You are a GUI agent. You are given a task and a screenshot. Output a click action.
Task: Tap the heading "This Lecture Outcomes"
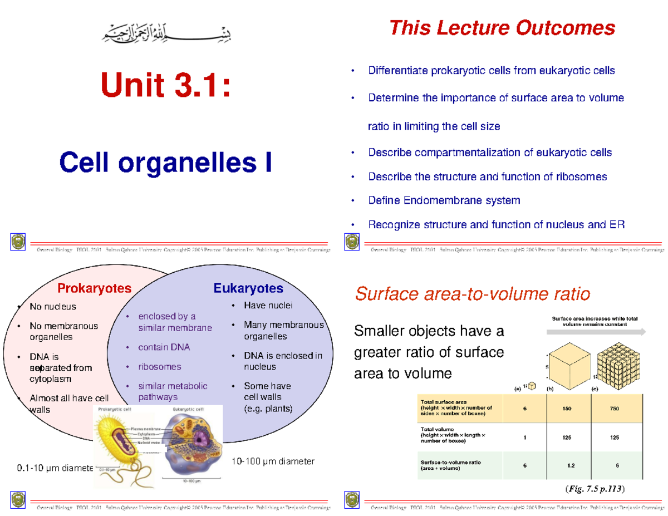click(502, 27)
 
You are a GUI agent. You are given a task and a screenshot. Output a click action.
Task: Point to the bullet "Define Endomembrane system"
click(444, 200)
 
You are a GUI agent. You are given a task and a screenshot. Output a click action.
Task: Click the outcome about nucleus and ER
click(496, 225)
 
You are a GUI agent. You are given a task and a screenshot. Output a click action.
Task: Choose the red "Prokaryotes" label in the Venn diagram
click(95, 288)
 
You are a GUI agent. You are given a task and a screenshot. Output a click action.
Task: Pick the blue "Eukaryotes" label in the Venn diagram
click(248, 288)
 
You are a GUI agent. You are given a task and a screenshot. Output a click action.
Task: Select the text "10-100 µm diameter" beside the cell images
click(272, 461)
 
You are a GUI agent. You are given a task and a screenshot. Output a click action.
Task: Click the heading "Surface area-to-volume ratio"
click(472, 293)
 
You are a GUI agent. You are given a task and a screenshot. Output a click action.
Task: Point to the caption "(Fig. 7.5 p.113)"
click(595, 489)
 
